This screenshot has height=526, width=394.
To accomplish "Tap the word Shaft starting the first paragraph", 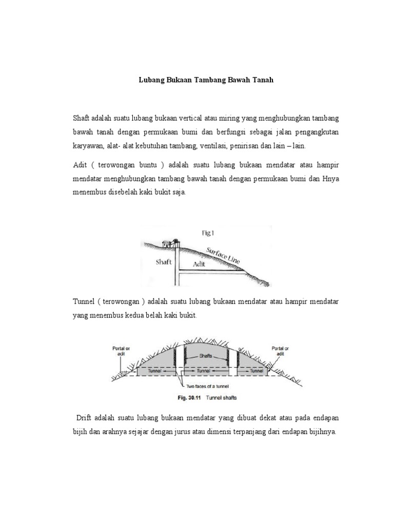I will (82, 119).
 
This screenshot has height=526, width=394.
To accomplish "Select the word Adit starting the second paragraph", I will (80, 165).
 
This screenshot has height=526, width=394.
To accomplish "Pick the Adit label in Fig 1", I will (199, 264).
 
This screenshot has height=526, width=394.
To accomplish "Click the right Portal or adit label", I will (280, 351).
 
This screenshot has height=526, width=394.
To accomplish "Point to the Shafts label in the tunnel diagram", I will (206, 355).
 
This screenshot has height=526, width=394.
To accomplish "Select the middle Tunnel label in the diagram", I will (206, 369).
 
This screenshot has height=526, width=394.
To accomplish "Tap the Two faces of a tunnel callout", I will (207, 385).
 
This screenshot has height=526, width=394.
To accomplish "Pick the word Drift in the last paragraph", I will (85, 419).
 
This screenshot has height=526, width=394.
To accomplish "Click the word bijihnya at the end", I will (321, 432).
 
